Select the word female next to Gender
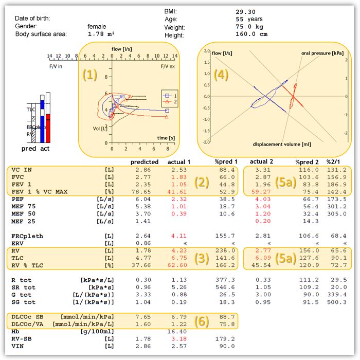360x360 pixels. tap(97, 26)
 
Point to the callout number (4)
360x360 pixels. tap(221, 75)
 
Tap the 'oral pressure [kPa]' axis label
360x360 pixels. tap(322, 53)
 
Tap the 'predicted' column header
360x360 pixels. tap(144, 162)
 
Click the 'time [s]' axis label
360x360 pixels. tap(166, 138)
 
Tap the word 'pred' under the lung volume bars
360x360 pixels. tap(29, 149)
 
